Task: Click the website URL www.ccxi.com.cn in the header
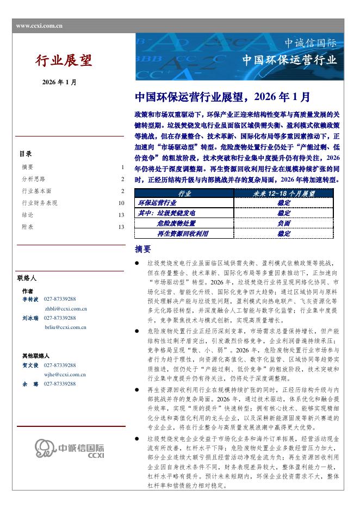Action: [x=39, y=26]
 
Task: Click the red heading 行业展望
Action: [x=64, y=60]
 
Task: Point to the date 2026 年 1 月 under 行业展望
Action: [x=59, y=82]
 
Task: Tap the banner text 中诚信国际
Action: [x=311, y=43]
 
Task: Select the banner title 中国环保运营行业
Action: [x=289, y=59]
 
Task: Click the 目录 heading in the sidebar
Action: [x=26, y=154]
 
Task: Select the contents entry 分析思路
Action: [x=33, y=179]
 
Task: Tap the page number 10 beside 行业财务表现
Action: [x=121, y=203]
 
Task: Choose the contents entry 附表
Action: [x=27, y=227]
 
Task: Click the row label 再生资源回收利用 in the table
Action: [x=183, y=233]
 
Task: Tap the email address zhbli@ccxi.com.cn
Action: [x=66, y=308]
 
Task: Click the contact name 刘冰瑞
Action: [x=30, y=318]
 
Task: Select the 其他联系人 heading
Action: [x=35, y=356]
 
